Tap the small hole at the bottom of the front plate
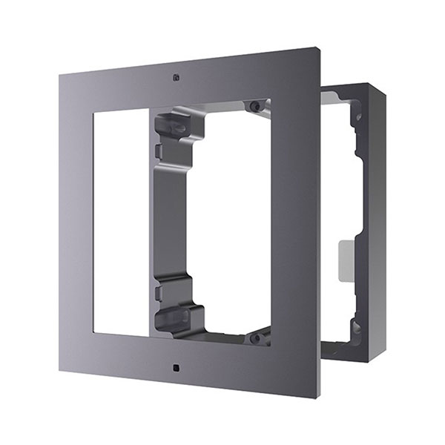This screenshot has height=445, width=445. [x=174, y=367]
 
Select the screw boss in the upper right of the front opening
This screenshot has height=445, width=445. [x=255, y=107]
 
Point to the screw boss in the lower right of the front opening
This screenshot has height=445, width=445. [x=254, y=337]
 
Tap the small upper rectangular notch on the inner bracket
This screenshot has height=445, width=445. [x=158, y=152]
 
